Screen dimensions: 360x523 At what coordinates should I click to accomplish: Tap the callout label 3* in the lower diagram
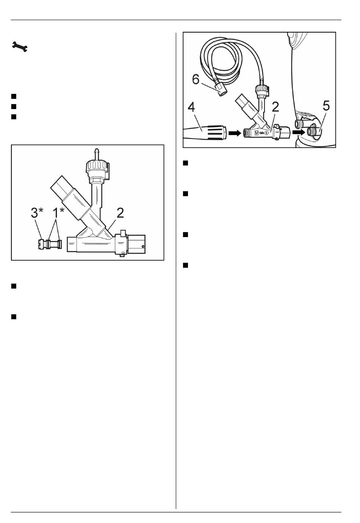37,213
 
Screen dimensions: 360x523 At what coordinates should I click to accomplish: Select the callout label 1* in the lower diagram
58,213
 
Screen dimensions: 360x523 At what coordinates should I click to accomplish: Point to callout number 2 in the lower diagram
120,213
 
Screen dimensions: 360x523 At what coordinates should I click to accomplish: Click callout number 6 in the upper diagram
196,79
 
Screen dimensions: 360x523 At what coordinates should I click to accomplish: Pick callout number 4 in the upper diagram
191,107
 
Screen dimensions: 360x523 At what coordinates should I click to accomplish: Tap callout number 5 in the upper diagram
326,106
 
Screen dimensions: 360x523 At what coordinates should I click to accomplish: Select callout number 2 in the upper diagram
275,107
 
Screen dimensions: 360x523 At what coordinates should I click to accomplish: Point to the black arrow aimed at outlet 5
299,132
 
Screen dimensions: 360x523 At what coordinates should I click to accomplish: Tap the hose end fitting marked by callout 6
220,90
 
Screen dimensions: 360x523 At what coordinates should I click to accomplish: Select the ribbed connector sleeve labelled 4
215,133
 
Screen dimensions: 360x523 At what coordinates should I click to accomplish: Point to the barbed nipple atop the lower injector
96,154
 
